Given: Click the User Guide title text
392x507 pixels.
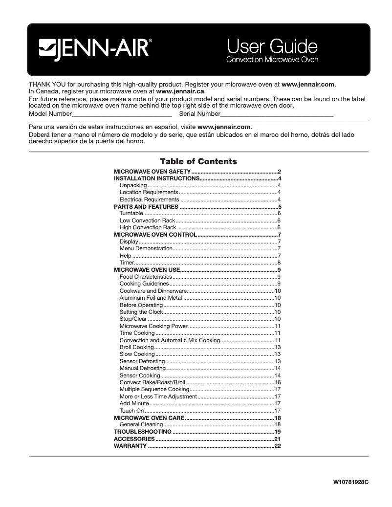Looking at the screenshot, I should click(272, 47).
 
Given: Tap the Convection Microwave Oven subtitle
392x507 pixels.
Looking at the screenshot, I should click(272, 60).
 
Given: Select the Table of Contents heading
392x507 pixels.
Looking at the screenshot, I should click(198, 161).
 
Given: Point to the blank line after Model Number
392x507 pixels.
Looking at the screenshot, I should click(122, 114).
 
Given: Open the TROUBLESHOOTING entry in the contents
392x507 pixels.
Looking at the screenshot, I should click(143, 432).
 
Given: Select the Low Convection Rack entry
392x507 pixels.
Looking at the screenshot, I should click(147, 220).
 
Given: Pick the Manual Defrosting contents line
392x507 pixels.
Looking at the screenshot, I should click(143, 368).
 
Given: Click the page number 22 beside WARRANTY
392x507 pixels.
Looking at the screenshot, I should click(278, 446).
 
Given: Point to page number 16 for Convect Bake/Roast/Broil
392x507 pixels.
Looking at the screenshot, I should click(277, 382).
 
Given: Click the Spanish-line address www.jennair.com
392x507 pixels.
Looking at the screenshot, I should click(224, 127).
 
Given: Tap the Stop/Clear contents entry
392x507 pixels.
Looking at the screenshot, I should click(133, 319).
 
